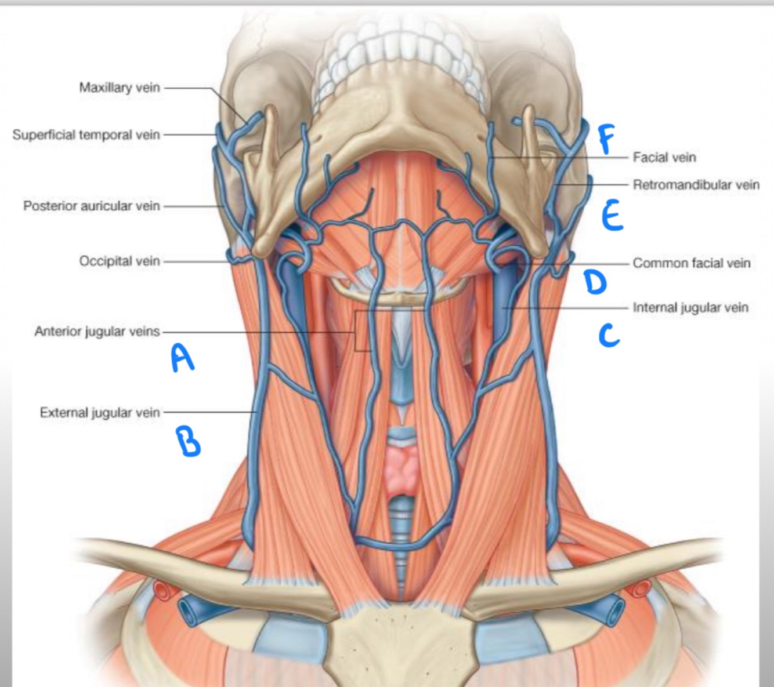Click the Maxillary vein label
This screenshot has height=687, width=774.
tap(119, 88)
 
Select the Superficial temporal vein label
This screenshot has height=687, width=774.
tap(86, 135)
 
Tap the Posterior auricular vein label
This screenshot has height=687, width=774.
tap(91, 206)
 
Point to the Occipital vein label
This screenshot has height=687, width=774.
tap(119, 261)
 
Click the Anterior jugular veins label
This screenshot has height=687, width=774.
tap(96, 332)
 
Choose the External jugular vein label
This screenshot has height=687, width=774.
tap(99, 413)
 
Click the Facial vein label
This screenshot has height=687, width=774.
tap(664, 157)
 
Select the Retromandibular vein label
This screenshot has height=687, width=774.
tap(696, 185)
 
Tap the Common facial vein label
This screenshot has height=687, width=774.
tap(691, 263)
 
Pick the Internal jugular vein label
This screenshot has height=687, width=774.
tap(690, 307)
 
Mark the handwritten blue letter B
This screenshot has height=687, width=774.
tap(189, 441)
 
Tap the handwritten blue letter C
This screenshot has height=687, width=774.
tap(609, 335)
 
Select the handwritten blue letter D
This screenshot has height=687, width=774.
tap(595, 282)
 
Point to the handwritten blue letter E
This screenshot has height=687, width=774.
tap(612, 216)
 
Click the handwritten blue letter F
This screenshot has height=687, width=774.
tap(606, 139)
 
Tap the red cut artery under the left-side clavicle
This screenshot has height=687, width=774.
tap(163, 590)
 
